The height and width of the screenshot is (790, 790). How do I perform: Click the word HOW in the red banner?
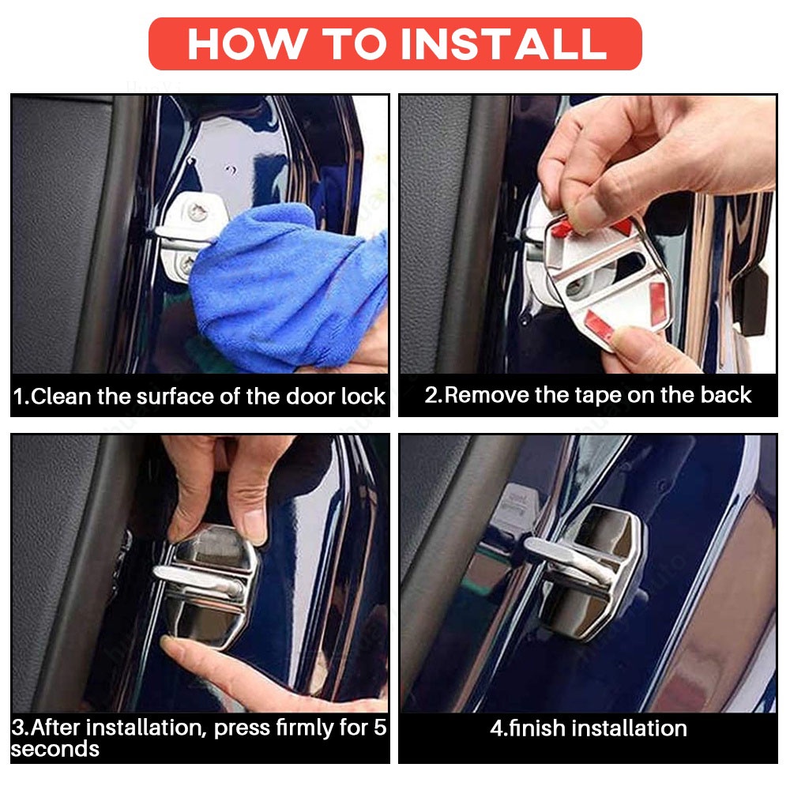(x=246, y=43)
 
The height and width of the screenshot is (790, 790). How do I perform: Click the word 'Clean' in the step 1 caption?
(x=62, y=397)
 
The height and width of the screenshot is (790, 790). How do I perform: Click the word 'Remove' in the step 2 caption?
(x=487, y=395)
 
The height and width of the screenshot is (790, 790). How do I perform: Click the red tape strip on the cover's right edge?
(x=657, y=303)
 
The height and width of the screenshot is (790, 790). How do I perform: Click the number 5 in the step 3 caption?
(x=380, y=728)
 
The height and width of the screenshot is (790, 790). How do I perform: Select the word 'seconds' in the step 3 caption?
(x=55, y=749)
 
